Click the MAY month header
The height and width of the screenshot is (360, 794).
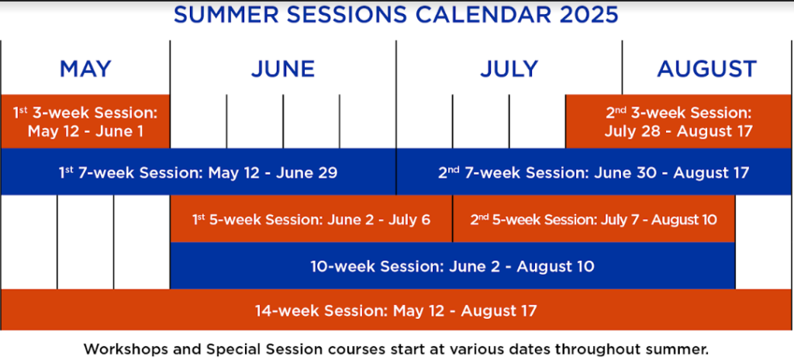coord(85,68)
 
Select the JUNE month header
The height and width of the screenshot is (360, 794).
coord(282,68)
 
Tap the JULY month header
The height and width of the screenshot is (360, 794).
coord(509,68)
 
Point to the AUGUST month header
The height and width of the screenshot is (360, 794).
coord(707,68)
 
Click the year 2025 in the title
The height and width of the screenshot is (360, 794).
coord(589,16)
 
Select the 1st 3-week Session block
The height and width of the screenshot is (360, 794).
coord(85,121)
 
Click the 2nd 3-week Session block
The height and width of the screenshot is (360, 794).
coord(678,121)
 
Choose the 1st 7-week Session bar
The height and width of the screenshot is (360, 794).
coord(198,172)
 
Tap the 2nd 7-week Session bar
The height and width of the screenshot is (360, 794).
coord(593,172)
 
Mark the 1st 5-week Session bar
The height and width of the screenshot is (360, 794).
coord(312,219)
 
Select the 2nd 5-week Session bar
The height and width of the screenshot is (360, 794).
coord(593,219)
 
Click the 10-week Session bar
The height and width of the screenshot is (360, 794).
coord(452,265)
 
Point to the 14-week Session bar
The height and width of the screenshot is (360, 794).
coord(396,310)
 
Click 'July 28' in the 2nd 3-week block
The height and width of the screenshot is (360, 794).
coord(632,131)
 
